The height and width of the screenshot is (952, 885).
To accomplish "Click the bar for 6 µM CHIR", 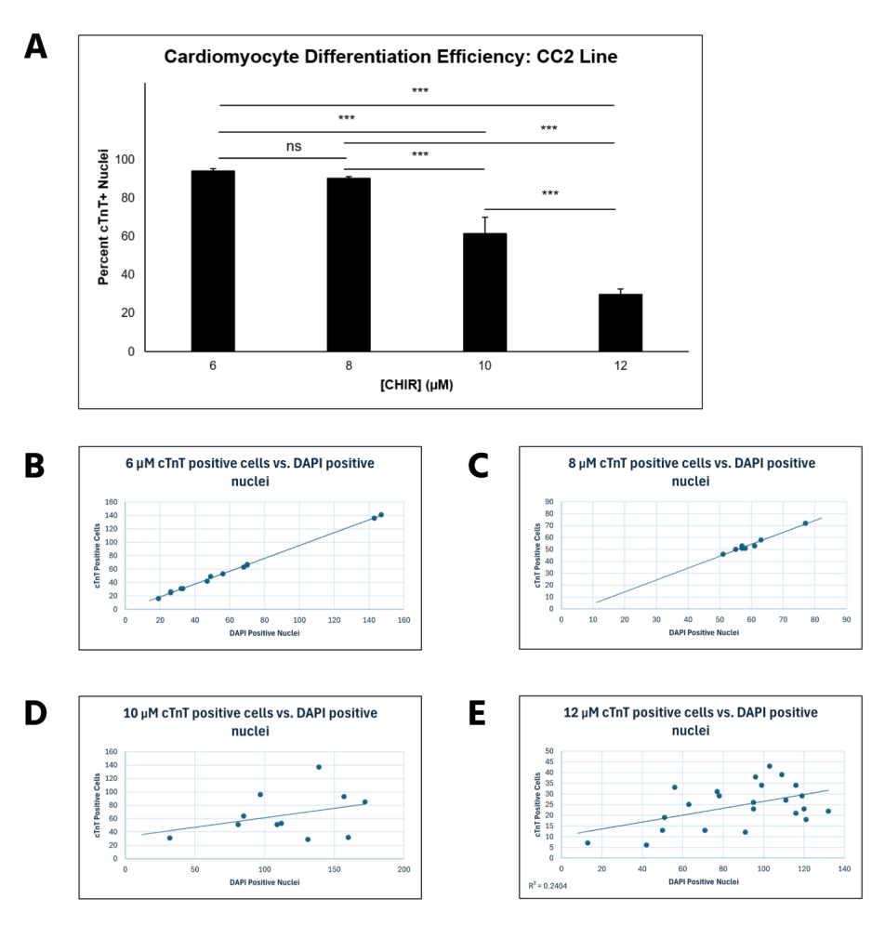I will [213, 261].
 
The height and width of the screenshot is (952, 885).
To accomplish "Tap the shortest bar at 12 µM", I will [620, 323].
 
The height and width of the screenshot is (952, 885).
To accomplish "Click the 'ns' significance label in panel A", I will [294, 146].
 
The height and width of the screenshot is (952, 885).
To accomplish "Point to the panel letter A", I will [35, 46].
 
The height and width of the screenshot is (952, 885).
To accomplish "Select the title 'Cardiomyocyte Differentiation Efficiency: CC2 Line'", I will [390, 57].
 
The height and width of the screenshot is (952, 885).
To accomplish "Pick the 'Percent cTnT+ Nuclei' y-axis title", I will [105, 216].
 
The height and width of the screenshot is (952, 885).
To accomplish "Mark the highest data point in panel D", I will [318, 767].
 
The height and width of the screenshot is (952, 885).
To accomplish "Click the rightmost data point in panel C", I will [805, 523].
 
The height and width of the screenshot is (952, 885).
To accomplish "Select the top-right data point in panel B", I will [381, 515].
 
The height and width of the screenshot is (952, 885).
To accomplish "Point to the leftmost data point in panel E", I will [588, 843].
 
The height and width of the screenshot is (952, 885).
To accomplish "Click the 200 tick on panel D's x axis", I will [403, 871].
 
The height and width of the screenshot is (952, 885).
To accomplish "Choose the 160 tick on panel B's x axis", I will [403, 620].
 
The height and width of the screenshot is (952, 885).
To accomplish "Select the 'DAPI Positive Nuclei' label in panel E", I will [704, 881].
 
